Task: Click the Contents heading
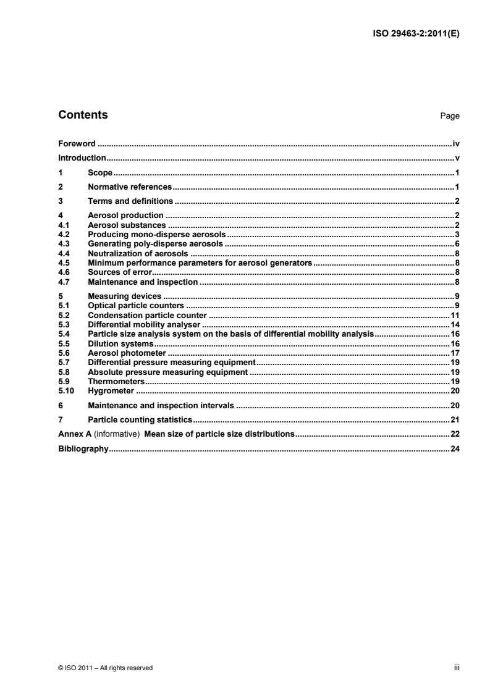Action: (x=83, y=115)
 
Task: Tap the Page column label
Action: (x=450, y=116)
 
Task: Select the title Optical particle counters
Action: (x=136, y=305)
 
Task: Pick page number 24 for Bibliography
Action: (x=455, y=449)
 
